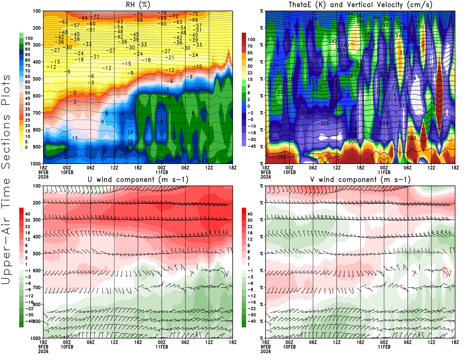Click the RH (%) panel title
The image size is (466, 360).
pyautogui.click(x=138, y=5)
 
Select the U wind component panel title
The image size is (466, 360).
pyautogui.click(x=138, y=179)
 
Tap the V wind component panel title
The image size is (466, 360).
pyautogui.click(x=360, y=179)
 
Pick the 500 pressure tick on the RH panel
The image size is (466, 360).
pyautogui.click(x=37, y=79)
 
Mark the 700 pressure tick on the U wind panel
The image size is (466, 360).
pyautogui.click(x=37, y=287)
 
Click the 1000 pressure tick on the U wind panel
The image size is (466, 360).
pyautogui.click(x=36, y=338)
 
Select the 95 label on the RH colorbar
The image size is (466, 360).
pyautogui.click(x=27, y=44)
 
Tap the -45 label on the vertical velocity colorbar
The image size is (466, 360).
pyautogui.click(x=251, y=146)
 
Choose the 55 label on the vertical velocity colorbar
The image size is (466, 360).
pyautogui.click(x=250, y=53)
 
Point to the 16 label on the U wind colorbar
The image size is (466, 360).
pyautogui.click(x=27, y=233)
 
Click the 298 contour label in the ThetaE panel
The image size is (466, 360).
pyautogui.click(x=281, y=157)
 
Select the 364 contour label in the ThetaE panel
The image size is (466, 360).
pyautogui.click(x=348, y=13)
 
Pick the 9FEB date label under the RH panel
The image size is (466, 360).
pyautogui.click(x=43, y=172)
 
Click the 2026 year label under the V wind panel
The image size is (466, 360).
pyautogui.click(x=266, y=351)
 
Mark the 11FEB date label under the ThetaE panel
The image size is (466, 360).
pyautogui.click(x=384, y=172)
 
